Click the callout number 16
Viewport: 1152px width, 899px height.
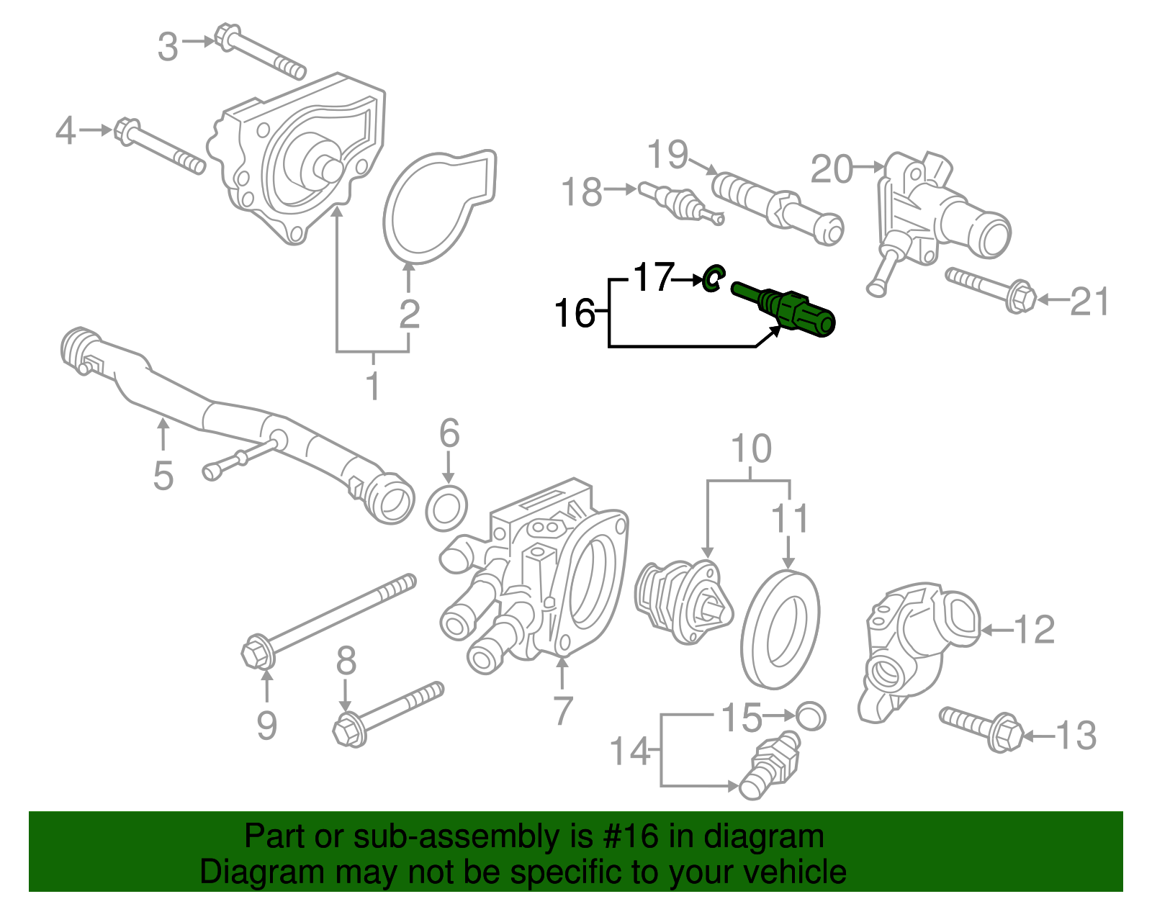pyautogui.click(x=574, y=313)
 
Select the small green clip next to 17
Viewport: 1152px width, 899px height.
pyautogui.click(x=713, y=278)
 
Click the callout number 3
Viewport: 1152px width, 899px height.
pyautogui.click(x=168, y=47)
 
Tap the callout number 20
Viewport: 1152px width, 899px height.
pyautogui.click(x=832, y=170)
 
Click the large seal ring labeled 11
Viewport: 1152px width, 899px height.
pyautogui.click(x=780, y=629)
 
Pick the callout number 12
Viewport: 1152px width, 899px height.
pyautogui.click(x=1035, y=630)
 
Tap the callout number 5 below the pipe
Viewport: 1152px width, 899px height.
pyautogui.click(x=163, y=476)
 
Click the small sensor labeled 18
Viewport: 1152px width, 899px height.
pyautogui.click(x=677, y=202)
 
